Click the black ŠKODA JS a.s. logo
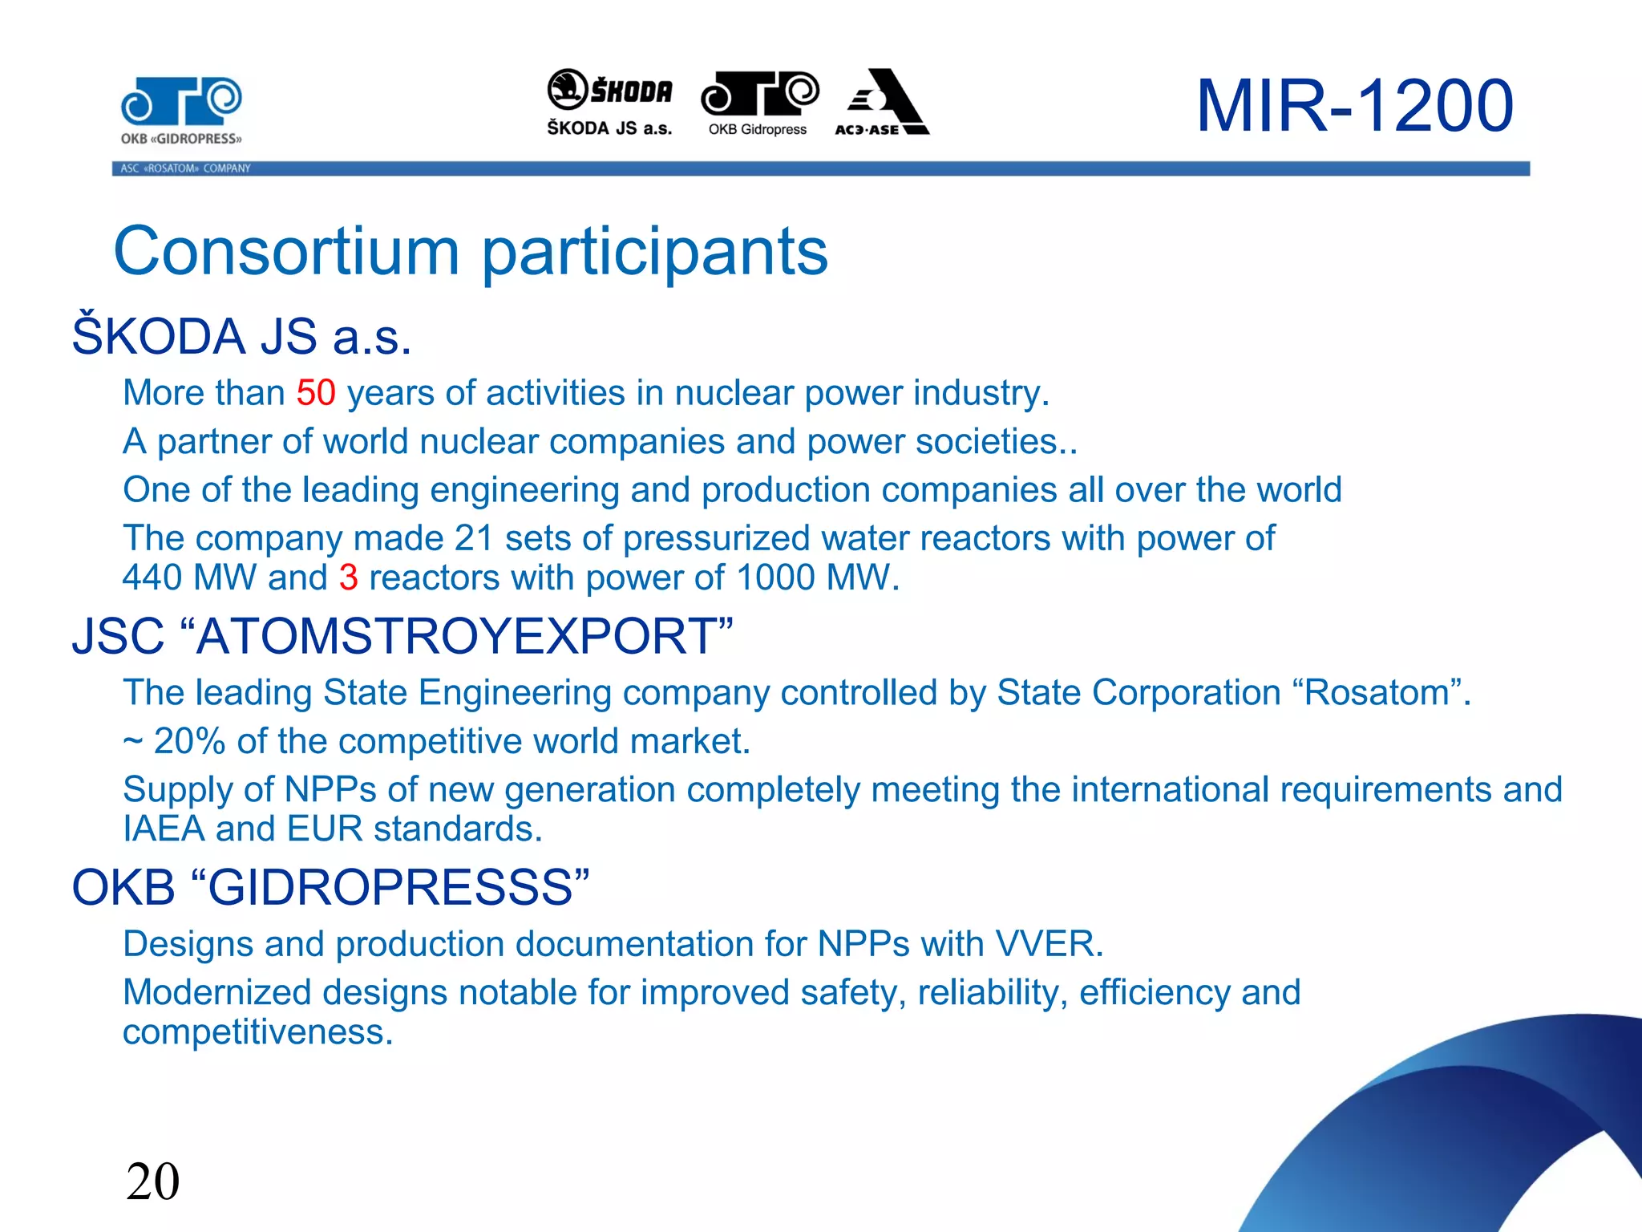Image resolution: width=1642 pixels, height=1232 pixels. pyautogui.click(x=609, y=102)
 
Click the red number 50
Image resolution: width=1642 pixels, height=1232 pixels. pyautogui.click(x=316, y=393)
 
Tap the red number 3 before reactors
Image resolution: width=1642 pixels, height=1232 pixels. pyautogui.click(x=348, y=577)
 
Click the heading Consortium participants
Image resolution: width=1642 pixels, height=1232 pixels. pyautogui.click(x=471, y=251)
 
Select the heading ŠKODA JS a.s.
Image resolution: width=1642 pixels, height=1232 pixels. pyautogui.click(x=241, y=336)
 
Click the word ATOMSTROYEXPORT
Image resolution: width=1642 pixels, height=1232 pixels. pyautogui.click(x=455, y=636)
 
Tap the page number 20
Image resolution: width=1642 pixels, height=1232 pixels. pyautogui.click(x=152, y=1181)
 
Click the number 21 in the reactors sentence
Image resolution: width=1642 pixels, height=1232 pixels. pyautogui.click(x=473, y=538)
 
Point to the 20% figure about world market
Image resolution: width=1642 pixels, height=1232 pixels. pyautogui.click(x=189, y=741)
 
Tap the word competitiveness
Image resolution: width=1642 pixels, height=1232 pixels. pyautogui.click(x=257, y=1032)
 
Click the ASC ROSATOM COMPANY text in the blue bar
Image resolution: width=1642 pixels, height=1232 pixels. pyautogui.click(x=185, y=168)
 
